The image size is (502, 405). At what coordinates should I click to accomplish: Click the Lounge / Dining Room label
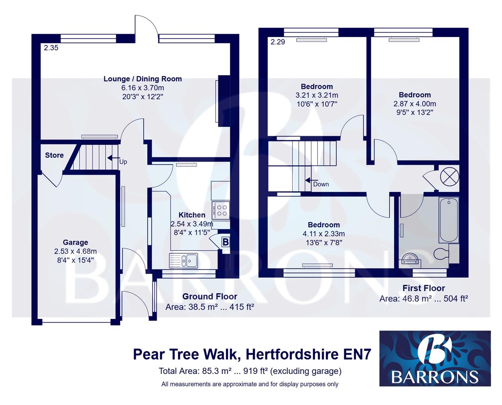(x=143, y=79)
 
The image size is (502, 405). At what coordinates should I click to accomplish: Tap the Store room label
(x=54, y=155)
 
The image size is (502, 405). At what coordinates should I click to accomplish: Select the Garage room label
(x=75, y=243)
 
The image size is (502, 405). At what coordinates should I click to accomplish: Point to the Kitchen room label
(x=192, y=215)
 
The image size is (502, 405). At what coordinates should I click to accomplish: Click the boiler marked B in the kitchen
(x=225, y=242)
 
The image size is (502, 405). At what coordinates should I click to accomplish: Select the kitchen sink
(x=183, y=260)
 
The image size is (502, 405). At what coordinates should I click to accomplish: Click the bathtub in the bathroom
(x=448, y=220)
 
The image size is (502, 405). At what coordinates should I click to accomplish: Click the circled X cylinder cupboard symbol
(x=449, y=176)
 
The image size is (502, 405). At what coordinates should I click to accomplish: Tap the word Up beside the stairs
(x=123, y=162)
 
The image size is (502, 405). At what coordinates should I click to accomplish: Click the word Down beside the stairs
(x=321, y=184)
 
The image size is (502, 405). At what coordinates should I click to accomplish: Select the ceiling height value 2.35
(x=51, y=48)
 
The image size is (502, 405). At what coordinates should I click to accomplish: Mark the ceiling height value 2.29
(x=278, y=42)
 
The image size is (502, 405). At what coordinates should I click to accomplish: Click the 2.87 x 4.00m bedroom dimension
(x=414, y=104)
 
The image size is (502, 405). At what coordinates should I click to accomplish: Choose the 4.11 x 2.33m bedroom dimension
(x=323, y=234)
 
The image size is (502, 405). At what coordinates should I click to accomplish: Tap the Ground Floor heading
(x=210, y=296)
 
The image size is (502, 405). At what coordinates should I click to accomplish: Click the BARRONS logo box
(x=435, y=358)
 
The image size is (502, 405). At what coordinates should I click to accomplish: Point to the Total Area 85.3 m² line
(x=250, y=371)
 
